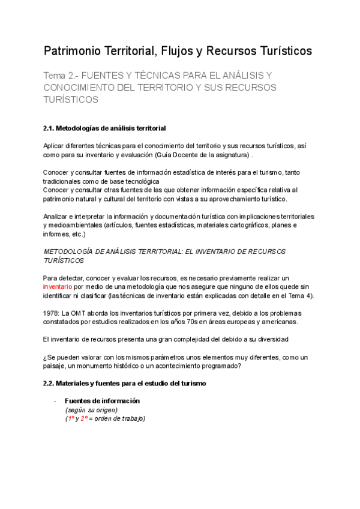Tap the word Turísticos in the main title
click(x=280, y=51)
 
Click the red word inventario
click(x=58, y=287)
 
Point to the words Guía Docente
click(x=177, y=155)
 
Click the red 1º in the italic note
click(x=71, y=418)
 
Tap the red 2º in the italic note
click(x=85, y=418)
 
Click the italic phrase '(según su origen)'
click(x=92, y=410)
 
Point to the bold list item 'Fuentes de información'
click(x=102, y=401)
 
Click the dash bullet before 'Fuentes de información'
click(x=55, y=401)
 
